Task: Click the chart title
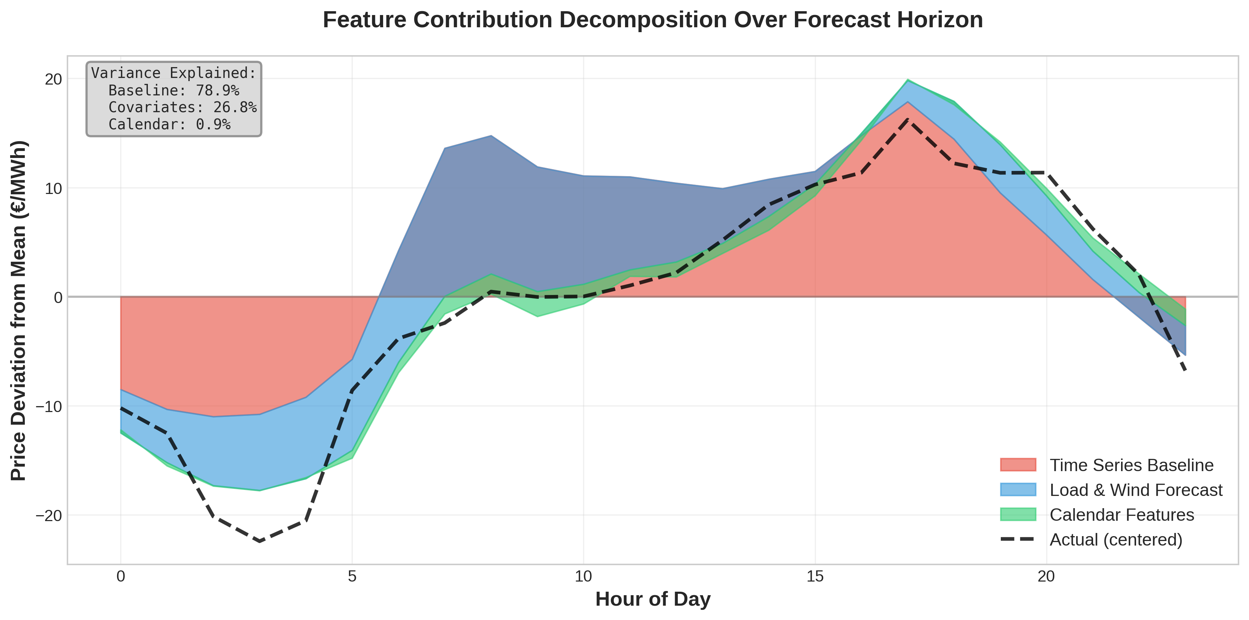pyautogui.click(x=653, y=20)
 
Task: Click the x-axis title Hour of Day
pyautogui.click(x=653, y=599)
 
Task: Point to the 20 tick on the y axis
pyautogui.click(x=53, y=79)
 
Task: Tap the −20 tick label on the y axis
pyautogui.click(x=49, y=515)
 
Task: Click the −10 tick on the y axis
pyautogui.click(x=49, y=406)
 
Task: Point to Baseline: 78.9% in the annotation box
pyautogui.click(x=174, y=90)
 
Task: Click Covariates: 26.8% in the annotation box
pyautogui.click(x=182, y=107)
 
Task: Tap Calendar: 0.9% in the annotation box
pyautogui.click(x=169, y=124)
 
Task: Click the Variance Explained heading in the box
pyautogui.click(x=174, y=73)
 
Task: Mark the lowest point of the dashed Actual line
pyautogui.click(x=260, y=541)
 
